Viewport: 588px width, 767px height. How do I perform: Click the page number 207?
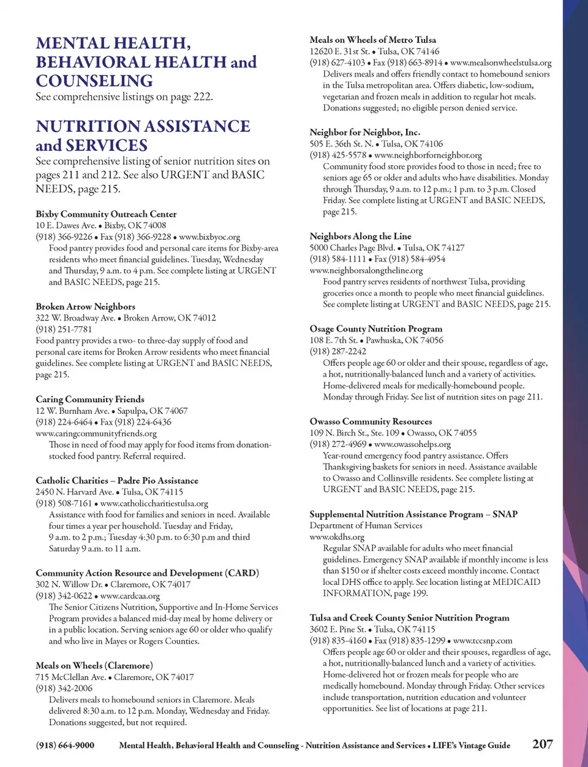click(542, 744)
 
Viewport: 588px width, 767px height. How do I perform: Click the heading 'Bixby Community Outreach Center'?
click(106, 214)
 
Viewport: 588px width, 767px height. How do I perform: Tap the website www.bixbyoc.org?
click(209, 237)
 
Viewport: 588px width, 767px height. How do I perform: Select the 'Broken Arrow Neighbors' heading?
click(85, 306)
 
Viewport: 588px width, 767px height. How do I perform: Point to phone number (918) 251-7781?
click(64, 329)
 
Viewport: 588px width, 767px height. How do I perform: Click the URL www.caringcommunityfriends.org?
click(96, 433)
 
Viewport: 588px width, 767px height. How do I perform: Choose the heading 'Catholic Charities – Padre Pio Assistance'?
click(117, 480)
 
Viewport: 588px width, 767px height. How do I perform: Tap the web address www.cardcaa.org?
click(130, 595)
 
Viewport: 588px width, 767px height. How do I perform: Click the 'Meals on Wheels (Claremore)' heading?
click(94, 665)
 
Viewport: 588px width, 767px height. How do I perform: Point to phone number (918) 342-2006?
click(64, 689)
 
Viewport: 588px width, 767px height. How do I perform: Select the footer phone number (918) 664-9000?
click(65, 746)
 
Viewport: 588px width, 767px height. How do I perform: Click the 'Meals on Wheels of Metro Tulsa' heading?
click(373, 40)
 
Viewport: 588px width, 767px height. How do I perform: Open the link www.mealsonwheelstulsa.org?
click(500, 63)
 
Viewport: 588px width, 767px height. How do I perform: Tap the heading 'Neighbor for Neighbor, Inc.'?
click(364, 132)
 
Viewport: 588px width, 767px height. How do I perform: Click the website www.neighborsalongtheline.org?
click(366, 270)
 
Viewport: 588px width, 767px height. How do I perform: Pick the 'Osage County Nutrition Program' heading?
click(375, 329)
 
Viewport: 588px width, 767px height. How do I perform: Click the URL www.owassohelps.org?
click(412, 444)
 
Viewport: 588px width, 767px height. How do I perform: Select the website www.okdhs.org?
click(337, 536)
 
